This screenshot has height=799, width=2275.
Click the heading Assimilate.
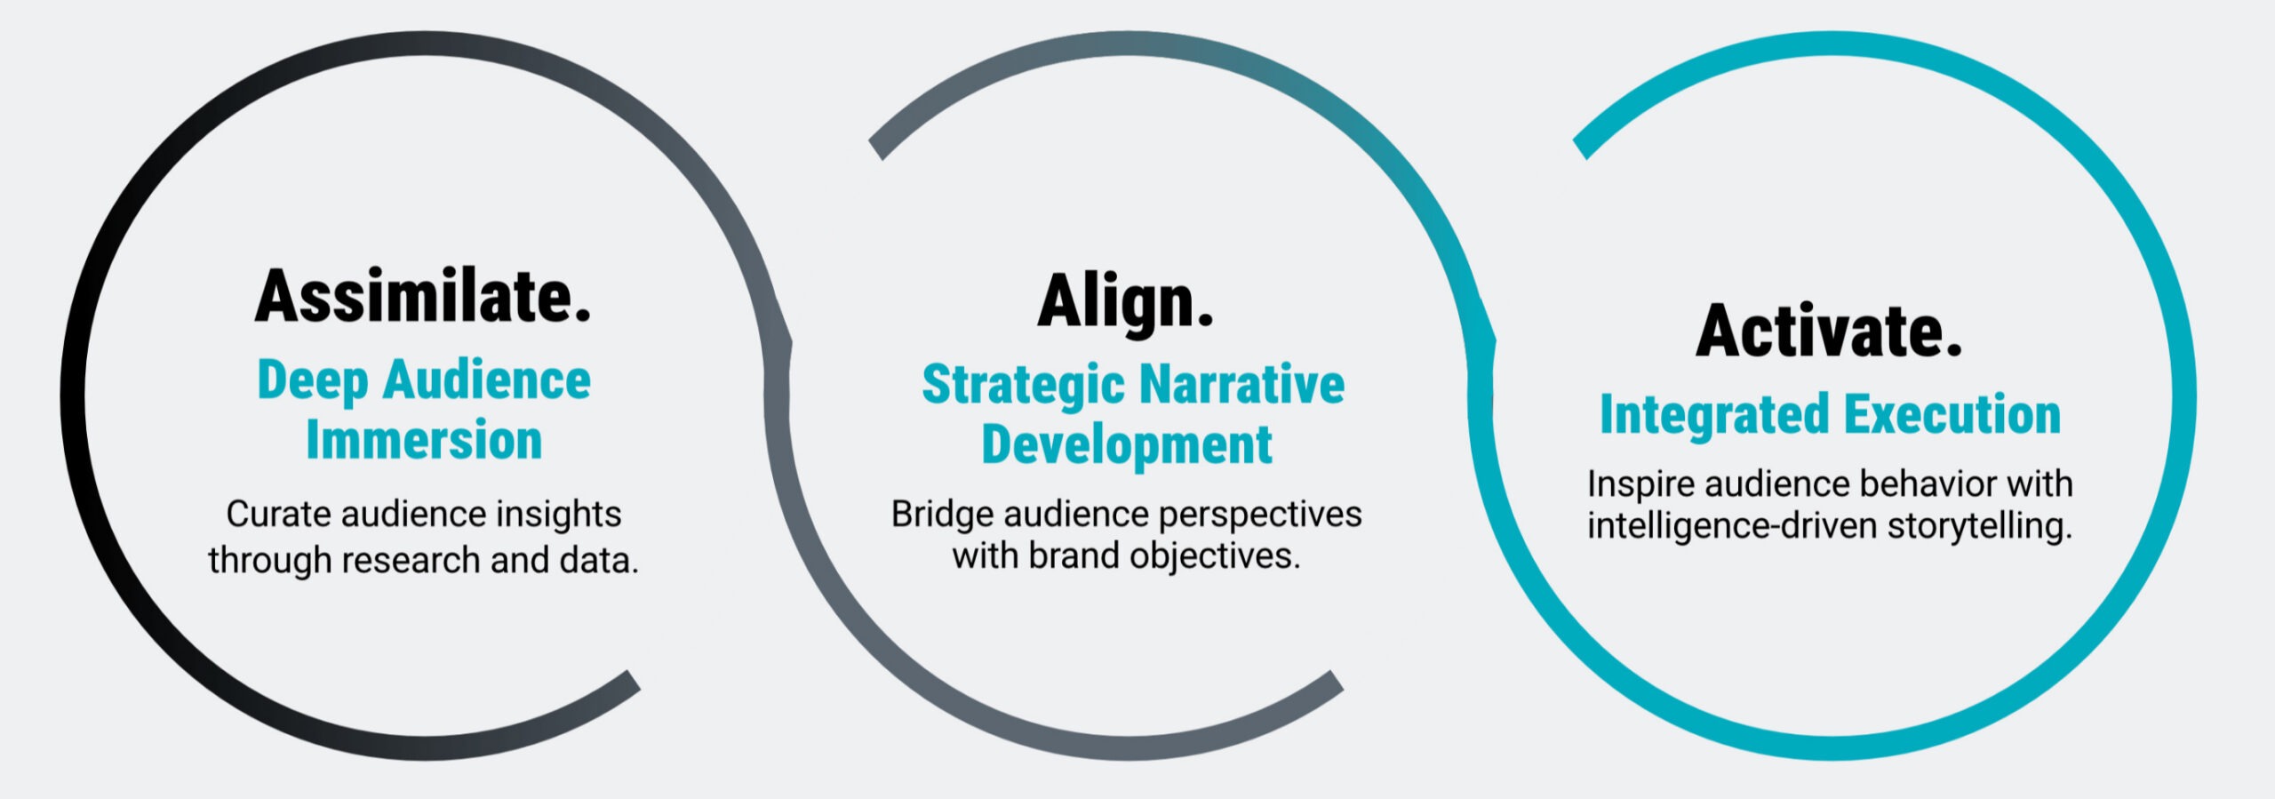tap(423, 296)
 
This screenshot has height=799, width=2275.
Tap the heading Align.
tap(1125, 304)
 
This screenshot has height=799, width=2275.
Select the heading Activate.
tap(1829, 330)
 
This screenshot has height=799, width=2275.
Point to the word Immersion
tap(424, 440)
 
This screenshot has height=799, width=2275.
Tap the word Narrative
tap(1242, 384)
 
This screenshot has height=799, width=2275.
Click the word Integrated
tap(1714, 416)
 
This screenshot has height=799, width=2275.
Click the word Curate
tap(278, 515)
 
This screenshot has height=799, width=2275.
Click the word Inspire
tap(1640, 485)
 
